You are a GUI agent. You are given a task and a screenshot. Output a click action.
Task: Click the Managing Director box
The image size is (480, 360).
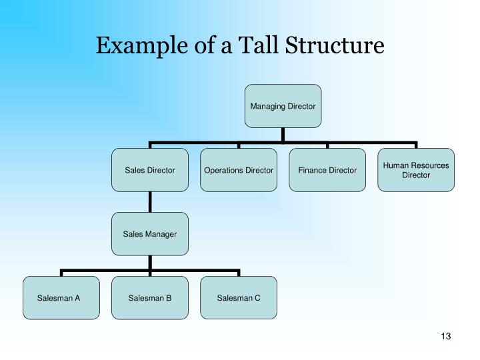[283, 106]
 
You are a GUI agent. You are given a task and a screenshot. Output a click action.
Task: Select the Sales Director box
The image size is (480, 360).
[150, 170]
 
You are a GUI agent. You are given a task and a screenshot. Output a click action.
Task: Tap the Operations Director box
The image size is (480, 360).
[239, 170]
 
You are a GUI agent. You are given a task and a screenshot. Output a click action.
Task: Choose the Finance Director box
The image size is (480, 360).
[327, 170]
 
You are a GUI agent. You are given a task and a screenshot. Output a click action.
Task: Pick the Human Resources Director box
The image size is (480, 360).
[416, 170]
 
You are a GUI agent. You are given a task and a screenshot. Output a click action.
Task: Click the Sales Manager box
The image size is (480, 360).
[150, 234]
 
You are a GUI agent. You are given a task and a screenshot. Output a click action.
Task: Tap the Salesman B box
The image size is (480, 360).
[150, 297]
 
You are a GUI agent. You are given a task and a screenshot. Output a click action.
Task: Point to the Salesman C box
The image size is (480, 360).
[239, 297]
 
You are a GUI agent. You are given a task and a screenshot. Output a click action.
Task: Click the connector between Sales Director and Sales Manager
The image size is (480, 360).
[150, 202]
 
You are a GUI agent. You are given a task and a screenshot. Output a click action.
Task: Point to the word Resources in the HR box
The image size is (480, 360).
[431, 165]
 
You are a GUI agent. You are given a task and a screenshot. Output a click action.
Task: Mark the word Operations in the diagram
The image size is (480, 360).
[224, 170]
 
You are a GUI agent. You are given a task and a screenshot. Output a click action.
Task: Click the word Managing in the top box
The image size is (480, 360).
[266, 106]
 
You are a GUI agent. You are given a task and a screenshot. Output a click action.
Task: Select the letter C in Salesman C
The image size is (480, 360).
[257, 297]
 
